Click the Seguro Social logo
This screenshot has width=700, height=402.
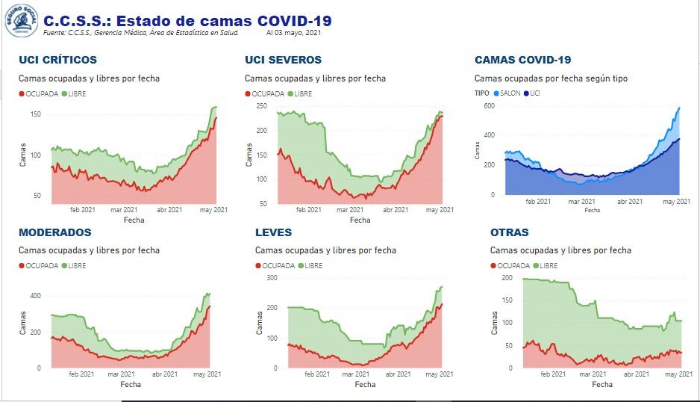[x=21, y=20]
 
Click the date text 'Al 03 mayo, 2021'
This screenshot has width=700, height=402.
[x=293, y=33]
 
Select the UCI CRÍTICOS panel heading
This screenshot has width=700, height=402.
[x=57, y=60]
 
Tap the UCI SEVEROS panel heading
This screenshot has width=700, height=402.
[x=283, y=60]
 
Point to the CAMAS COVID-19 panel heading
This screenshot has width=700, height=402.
[x=522, y=60]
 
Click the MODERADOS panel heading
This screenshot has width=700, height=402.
[x=54, y=232]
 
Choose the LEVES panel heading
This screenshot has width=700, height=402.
[x=273, y=232]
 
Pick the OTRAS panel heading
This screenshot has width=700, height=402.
[x=509, y=232]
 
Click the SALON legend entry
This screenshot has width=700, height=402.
[x=507, y=93]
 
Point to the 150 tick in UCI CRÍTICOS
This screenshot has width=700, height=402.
[x=35, y=114]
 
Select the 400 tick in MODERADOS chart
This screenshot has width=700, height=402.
[x=35, y=296]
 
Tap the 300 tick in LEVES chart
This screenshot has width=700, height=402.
[x=272, y=277]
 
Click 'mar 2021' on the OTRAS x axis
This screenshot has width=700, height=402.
[x=593, y=374]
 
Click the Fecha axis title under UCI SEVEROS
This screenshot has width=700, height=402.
[x=360, y=220]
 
